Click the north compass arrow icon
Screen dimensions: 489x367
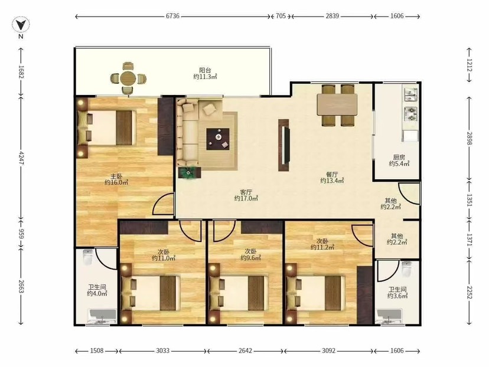click(x=21, y=25)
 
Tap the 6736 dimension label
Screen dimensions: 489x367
click(x=172, y=16)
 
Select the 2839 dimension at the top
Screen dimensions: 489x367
click(x=332, y=16)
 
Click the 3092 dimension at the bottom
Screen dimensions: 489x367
click(x=329, y=351)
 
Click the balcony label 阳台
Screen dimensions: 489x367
click(x=205, y=70)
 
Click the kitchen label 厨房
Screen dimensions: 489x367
click(x=399, y=158)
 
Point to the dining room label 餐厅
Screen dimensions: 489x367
click(x=332, y=175)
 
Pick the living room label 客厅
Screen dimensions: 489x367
click(x=246, y=192)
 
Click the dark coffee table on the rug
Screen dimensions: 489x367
click(x=218, y=139)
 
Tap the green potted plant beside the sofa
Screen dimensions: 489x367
click(x=189, y=173)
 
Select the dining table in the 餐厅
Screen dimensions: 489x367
click(x=337, y=104)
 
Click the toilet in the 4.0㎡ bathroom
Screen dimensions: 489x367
click(x=88, y=257)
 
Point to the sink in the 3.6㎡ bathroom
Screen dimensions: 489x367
click(x=389, y=316)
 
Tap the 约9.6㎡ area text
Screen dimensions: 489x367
click(x=251, y=258)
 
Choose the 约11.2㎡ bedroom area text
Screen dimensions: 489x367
click(x=322, y=247)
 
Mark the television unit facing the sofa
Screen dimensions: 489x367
click(x=284, y=145)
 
